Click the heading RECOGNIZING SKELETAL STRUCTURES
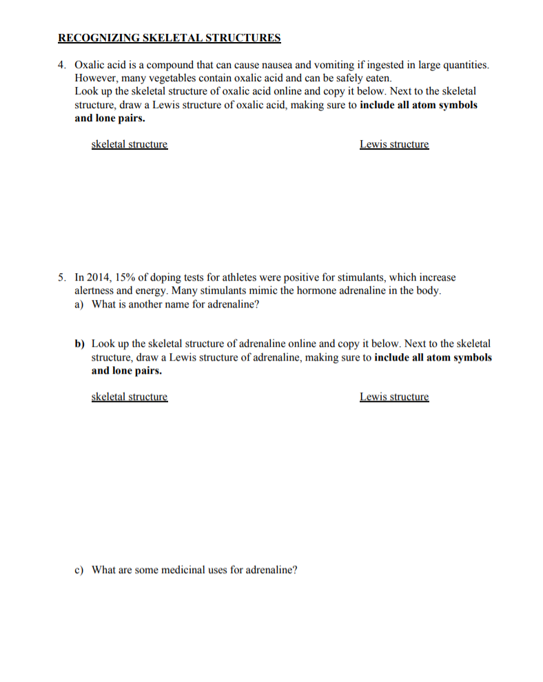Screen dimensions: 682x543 point(169,37)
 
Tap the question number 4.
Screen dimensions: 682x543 point(61,65)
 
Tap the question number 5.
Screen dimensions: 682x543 point(61,277)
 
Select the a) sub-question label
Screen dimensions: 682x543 point(79,304)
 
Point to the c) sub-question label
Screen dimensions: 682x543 point(79,570)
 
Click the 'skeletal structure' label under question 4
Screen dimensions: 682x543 point(129,144)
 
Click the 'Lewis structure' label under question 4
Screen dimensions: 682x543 point(393,144)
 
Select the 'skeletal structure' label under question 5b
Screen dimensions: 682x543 point(129,397)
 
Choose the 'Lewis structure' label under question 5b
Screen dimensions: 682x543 point(393,397)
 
